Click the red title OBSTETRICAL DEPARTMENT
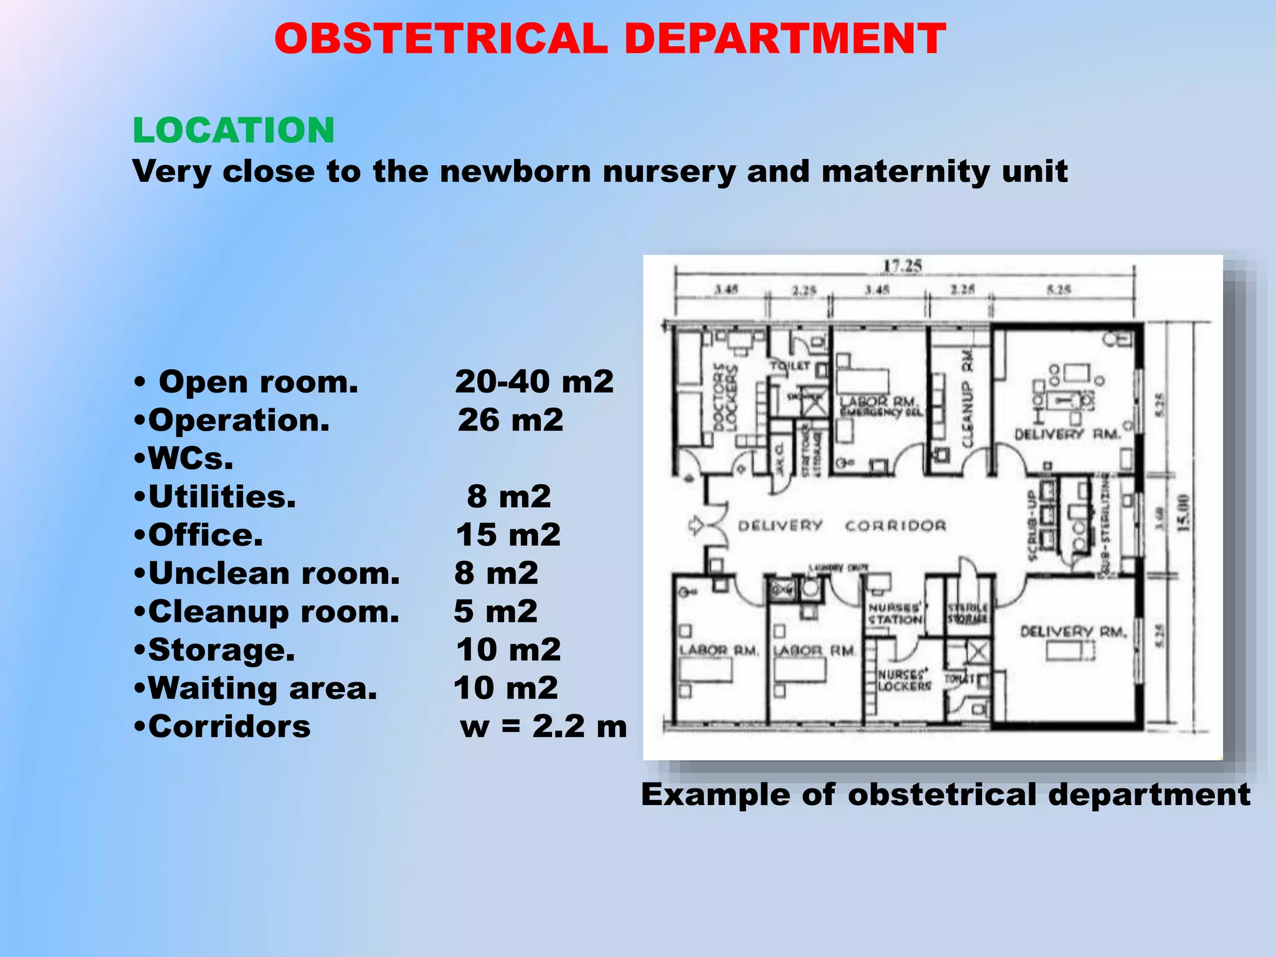coord(610,39)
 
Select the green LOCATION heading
coord(234,130)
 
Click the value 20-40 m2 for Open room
coord(534,381)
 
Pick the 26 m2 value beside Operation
coord(510,420)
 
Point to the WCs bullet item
coord(184,459)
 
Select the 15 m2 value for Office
coord(508,535)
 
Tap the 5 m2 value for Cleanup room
coord(495,611)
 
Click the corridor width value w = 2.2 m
coord(543,726)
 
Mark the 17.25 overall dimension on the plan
coord(902,266)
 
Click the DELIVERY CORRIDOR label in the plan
coord(842,526)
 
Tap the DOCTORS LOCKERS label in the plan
coord(725,397)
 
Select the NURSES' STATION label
coord(895,613)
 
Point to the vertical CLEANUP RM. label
coord(967,399)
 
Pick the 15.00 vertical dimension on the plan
coord(1183,513)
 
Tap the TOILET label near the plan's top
coord(791,365)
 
